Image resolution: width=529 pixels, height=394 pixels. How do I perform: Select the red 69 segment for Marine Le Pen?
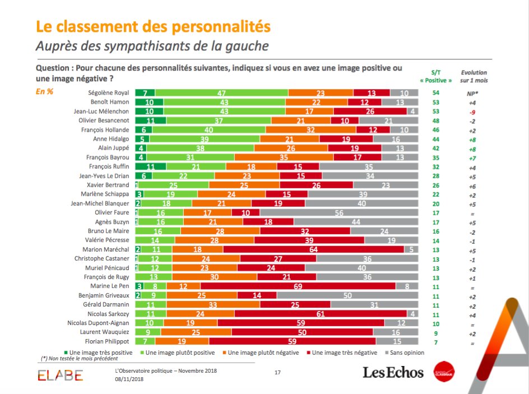tap(298, 286)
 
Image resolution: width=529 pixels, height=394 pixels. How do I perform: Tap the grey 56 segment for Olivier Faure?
tap(339, 212)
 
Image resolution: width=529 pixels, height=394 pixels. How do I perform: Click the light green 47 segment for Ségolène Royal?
tap(221, 92)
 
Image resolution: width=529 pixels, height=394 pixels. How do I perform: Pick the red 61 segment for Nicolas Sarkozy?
tap(320, 314)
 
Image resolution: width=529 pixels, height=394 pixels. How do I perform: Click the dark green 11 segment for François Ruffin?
tap(150, 166)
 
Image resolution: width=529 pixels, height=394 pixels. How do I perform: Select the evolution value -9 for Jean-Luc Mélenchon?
tap(474, 111)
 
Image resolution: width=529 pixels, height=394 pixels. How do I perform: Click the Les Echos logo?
tap(393, 373)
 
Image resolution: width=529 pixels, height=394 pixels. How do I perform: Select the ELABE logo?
tap(60, 375)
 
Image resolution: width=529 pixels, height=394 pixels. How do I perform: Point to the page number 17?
tap(278, 373)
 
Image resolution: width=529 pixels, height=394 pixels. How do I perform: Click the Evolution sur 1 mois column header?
tap(474, 76)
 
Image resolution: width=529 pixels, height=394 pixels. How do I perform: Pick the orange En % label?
tap(44, 92)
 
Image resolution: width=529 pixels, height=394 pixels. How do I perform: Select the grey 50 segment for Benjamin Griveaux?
tap(347, 295)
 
